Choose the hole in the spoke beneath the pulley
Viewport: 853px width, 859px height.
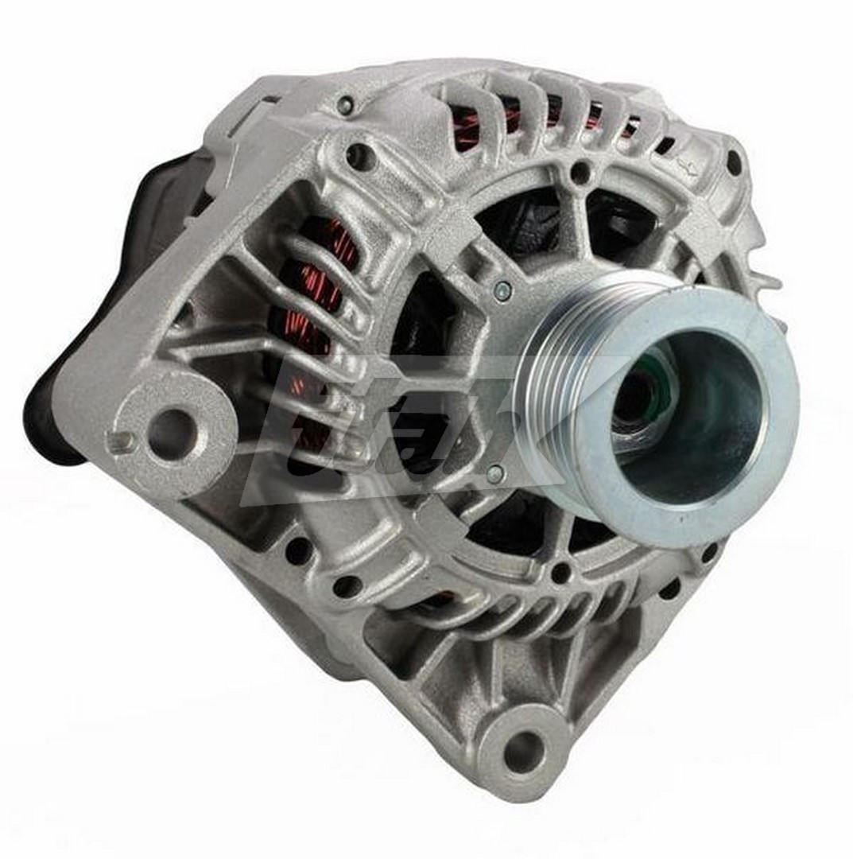[x=560, y=571]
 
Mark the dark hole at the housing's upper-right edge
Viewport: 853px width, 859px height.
[x=733, y=162]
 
